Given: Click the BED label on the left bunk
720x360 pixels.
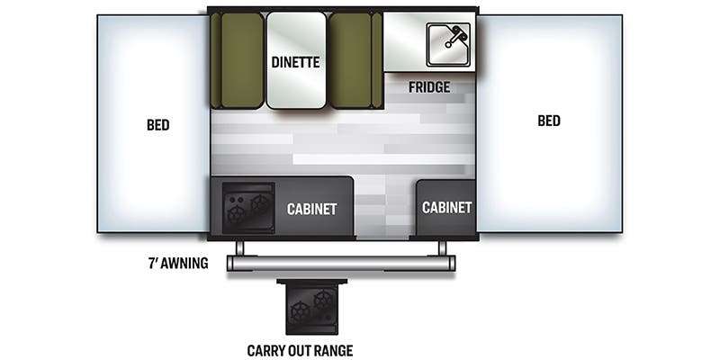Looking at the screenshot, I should point(158,124).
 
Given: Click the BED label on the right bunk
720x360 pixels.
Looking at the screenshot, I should point(548,121).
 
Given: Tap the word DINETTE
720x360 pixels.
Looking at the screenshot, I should point(296,62).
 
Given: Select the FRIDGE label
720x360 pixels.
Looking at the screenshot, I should point(428,87).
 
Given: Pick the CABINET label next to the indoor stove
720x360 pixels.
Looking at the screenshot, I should point(311,209).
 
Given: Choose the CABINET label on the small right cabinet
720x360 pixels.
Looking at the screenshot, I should point(447,207).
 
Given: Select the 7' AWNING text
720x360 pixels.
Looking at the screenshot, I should point(179,264).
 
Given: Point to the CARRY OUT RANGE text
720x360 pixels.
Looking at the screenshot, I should point(300,350).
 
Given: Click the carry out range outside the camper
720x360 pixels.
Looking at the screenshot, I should point(311,307).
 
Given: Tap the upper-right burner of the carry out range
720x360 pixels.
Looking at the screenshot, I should point(323,298).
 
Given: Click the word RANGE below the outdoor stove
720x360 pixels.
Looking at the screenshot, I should point(332,350).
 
